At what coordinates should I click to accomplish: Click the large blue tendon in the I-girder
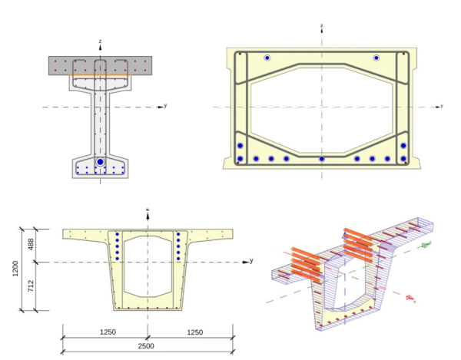[100, 162]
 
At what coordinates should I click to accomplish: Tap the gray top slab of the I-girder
[61, 65]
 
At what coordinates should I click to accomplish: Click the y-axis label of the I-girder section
[165, 102]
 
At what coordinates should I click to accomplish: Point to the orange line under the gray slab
[100, 75]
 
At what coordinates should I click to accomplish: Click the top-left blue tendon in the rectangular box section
[267, 58]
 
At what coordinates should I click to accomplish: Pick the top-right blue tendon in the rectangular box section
[376, 58]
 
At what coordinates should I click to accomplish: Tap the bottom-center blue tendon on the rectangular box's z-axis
[322, 159]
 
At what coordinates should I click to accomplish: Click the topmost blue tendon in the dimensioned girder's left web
[117, 234]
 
